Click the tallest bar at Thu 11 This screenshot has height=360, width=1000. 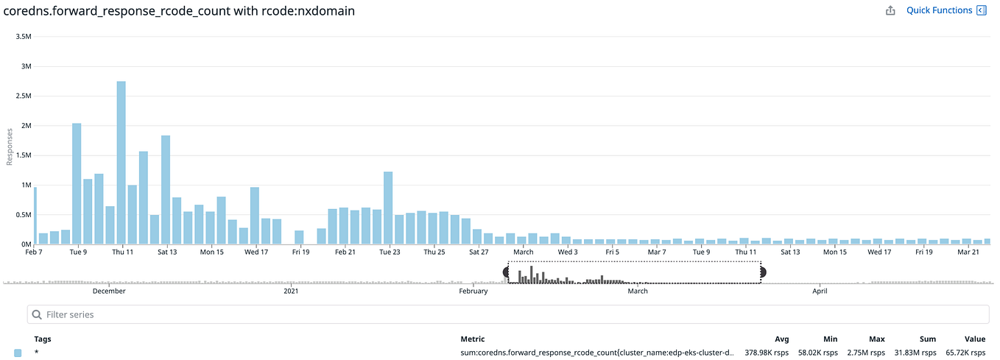[x=121, y=162]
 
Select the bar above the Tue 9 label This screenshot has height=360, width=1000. [x=77, y=183]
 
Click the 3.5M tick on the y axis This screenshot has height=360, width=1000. [x=23, y=36]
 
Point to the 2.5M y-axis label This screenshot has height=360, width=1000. [x=23, y=96]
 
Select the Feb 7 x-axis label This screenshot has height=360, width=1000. [x=33, y=253]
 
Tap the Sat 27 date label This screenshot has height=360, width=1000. [x=479, y=253]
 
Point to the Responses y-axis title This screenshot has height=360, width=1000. [x=10, y=147]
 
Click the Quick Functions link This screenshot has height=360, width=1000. [x=939, y=10]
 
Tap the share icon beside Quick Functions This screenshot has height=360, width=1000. [x=890, y=10]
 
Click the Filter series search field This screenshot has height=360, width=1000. [x=508, y=314]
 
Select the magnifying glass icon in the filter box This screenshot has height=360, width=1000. [x=37, y=314]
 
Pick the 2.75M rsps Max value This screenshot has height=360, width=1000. [x=866, y=353]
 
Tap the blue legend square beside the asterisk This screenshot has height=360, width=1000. [x=18, y=353]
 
